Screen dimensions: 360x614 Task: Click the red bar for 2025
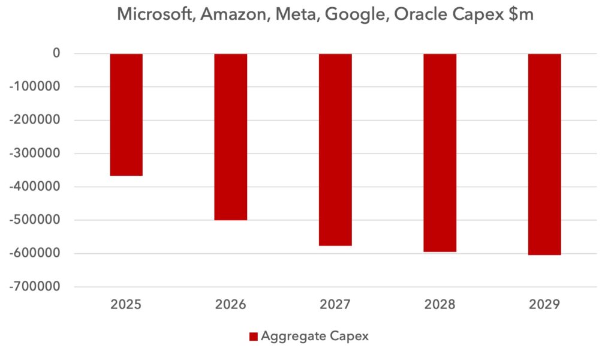126,115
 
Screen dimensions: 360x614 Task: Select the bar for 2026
231,137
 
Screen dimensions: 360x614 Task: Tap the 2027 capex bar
335,149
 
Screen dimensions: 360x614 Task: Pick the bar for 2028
440,152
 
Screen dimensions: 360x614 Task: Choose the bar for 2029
544,154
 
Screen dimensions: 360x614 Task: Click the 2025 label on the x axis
126,305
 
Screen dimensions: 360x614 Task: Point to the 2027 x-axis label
335,305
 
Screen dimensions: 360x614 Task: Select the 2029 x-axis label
544,305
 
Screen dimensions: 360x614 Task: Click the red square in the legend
253,337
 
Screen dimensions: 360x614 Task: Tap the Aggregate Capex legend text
315,337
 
